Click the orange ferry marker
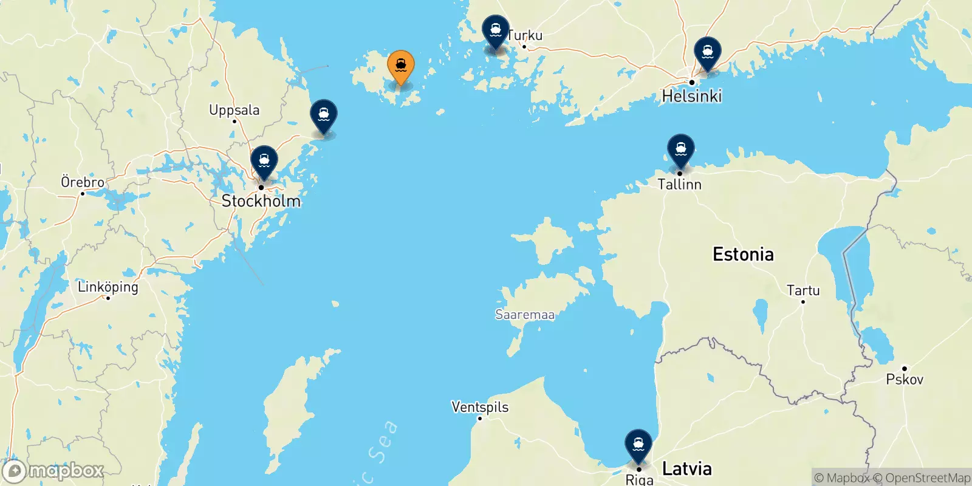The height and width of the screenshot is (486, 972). click(x=401, y=66)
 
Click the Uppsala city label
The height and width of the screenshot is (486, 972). click(x=234, y=110)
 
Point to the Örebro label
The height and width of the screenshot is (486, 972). click(x=83, y=182)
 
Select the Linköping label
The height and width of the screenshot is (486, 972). click(x=108, y=287)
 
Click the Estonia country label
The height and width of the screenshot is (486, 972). click(x=743, y=254)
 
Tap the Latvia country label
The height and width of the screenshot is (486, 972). click(x=686, y=468)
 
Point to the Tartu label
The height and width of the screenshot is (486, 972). click(x=803, y=290)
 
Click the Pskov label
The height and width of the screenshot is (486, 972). click(x=905, y=379)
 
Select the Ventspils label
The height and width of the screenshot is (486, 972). click(x=480, y=407)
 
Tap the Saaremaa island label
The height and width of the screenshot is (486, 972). click(x=525, y=315)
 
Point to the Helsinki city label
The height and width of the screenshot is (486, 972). click(x=692, y=96)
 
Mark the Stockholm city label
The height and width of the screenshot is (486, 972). click(x=261, y=200)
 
